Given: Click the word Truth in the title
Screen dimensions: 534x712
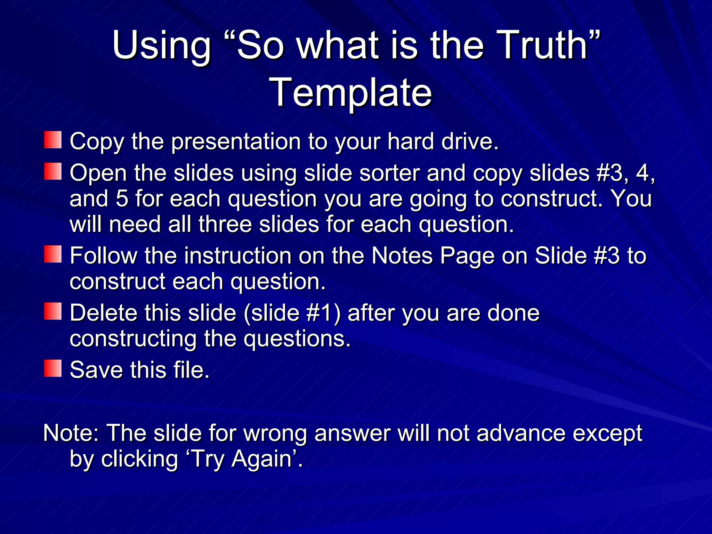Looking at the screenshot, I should click(x=544, y=45).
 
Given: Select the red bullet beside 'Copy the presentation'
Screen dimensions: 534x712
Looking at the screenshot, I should click(x=53, y=140).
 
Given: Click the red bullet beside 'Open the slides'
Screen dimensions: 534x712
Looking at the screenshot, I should click(x=53, y=171).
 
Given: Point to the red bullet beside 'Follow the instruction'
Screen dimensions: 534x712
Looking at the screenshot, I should click(x=53, y=254).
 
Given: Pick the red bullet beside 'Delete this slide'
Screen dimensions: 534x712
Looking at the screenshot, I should click(x=53, y=311).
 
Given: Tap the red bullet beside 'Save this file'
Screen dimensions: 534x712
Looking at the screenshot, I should click(x=53, y=369).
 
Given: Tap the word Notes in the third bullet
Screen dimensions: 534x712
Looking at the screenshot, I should click(x=402, y=256).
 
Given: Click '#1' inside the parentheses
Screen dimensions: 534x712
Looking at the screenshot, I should click(x=319, y=313).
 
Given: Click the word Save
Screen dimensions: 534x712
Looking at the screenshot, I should click(x=96, y=370).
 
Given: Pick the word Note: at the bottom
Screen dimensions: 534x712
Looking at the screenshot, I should click(x=71, y=433).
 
